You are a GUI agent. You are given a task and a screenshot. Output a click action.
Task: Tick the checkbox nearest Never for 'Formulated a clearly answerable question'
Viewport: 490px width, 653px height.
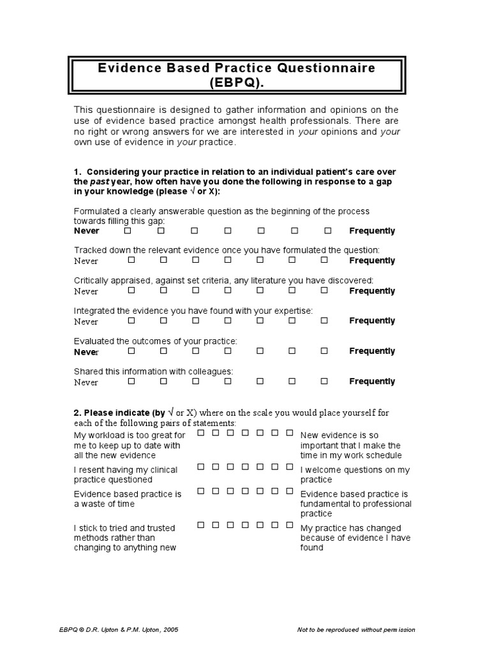(129, 230)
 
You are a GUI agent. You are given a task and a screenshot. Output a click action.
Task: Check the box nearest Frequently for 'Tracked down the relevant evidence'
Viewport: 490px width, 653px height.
(324, 260)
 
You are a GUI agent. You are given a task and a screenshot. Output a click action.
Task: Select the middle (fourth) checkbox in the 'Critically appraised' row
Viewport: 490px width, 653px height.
(228, 290)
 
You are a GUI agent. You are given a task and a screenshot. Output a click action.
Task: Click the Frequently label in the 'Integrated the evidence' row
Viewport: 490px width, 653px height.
(372, 321)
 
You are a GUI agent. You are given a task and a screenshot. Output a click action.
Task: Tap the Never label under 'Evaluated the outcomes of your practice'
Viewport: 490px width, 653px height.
(86, 351)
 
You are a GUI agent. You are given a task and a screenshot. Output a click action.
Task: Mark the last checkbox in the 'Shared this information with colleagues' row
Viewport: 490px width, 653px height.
(324, 381)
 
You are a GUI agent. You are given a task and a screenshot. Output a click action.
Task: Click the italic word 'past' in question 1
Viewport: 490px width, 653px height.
(101, 182)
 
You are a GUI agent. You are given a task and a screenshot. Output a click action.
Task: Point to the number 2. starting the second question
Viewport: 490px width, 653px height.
(77, 413)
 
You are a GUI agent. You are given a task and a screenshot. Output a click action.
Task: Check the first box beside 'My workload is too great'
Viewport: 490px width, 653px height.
(201, 433)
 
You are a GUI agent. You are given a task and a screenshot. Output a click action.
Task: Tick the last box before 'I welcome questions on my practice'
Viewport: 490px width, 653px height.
(290, 467)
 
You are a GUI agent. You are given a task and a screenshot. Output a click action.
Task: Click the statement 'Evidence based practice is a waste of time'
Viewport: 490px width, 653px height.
(128, 499)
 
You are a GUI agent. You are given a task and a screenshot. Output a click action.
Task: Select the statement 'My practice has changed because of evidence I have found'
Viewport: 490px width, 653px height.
(355, 538)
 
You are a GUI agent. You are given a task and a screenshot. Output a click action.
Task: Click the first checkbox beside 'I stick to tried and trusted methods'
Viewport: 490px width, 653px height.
(201, 525)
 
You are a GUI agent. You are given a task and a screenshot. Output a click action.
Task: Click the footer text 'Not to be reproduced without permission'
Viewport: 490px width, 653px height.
(356, 630)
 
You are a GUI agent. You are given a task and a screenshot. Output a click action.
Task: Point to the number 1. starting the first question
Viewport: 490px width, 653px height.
(78, 172)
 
